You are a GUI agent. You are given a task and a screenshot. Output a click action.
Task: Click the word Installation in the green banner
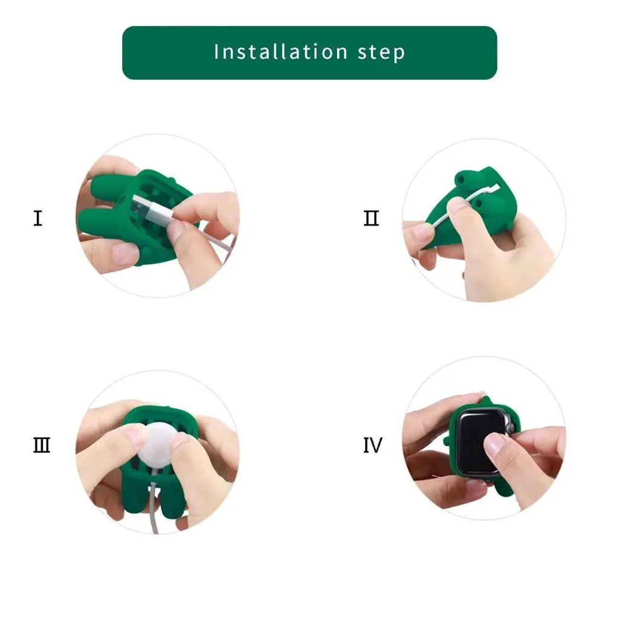280,52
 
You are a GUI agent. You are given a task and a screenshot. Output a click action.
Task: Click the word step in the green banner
381,53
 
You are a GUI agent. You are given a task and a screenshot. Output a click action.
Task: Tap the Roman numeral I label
38,218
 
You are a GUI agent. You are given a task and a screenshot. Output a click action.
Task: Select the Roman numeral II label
371,218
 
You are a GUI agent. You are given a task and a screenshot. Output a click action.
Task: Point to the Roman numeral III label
42,446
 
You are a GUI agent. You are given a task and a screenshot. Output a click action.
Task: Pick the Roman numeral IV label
372,446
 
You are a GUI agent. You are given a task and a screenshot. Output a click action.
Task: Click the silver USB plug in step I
152,209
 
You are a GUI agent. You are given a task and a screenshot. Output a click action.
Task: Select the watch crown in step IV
510,428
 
